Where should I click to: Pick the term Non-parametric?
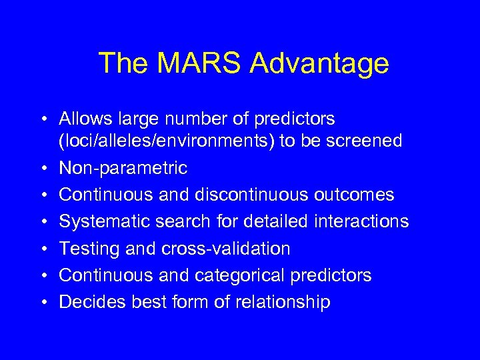[123, 168]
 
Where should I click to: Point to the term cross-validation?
[226, 249]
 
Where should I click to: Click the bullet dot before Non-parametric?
[42, 169]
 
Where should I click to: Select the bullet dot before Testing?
[42, 249]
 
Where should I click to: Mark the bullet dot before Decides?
[42, 303]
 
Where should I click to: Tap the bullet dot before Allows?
[42, 120]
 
